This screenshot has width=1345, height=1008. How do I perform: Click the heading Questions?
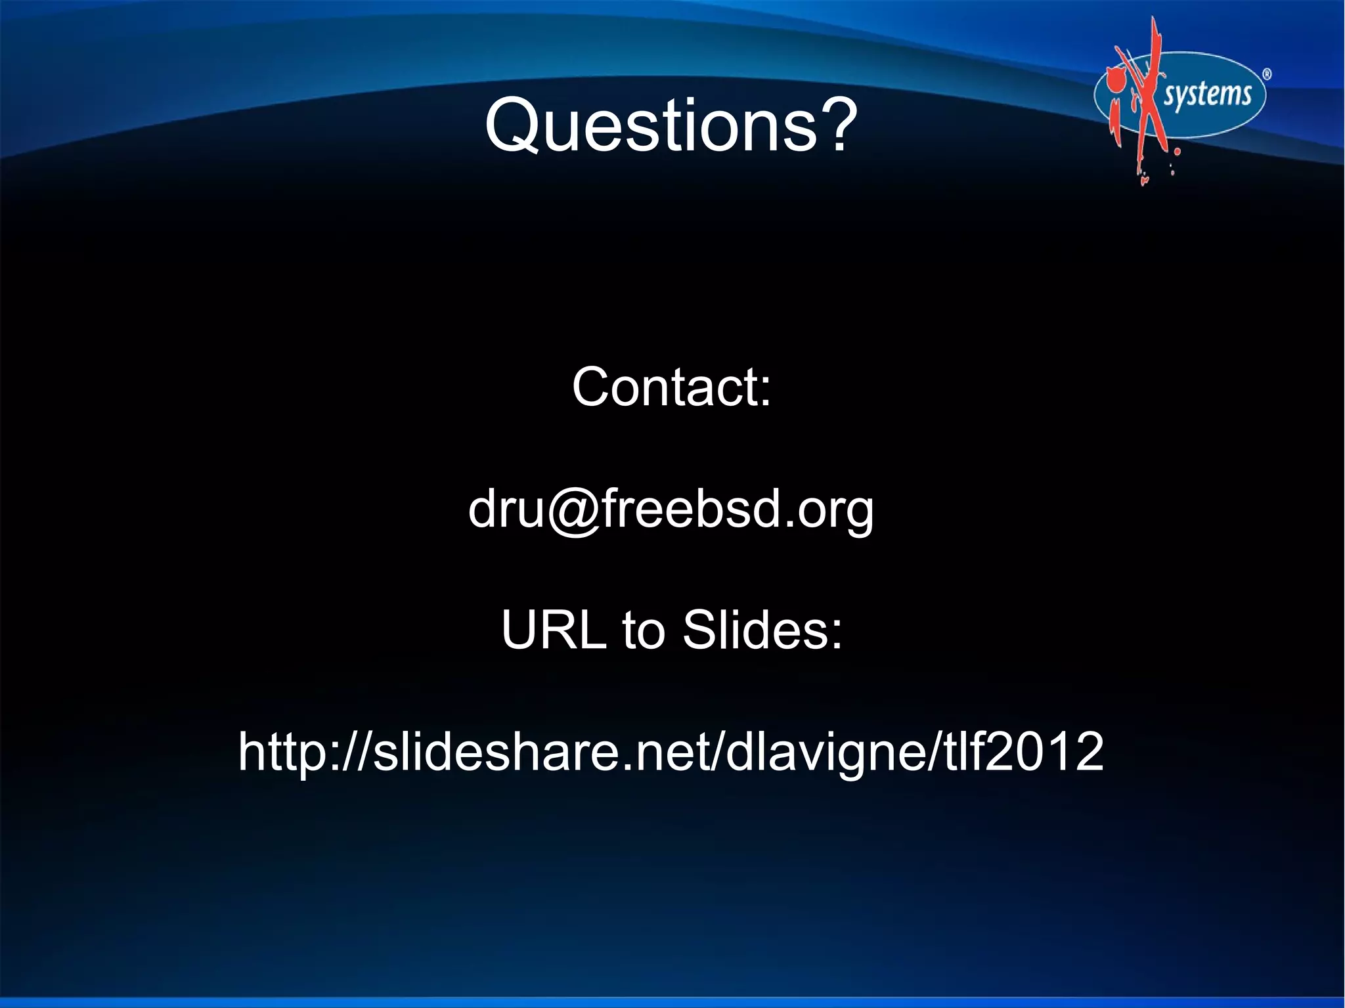click(671, 125)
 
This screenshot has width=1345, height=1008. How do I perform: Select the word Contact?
click(671, 387)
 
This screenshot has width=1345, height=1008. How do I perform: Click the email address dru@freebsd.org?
click(671, 509)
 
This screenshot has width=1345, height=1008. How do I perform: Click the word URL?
click(553, 630)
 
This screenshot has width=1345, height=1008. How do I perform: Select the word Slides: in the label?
click(762, 630)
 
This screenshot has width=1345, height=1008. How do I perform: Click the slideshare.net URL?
click(671, 751)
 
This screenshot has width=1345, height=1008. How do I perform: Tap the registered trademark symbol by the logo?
click(1267, 74)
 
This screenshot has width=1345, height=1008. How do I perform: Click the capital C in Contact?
click(593, 387)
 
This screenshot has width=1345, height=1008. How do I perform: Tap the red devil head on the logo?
click(1114, 82)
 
